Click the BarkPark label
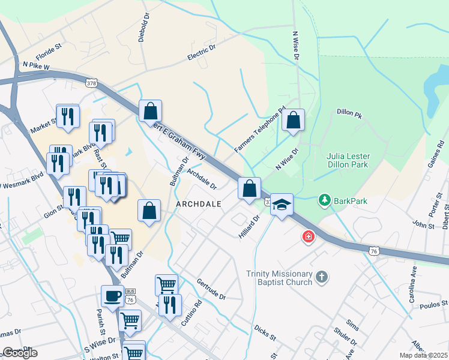click(352, 201)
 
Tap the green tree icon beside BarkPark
click(325, 200)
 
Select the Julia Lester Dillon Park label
click(348, 161)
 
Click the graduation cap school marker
click(281, 205)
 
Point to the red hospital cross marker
click(309, 238)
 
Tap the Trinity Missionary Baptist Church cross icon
click(322, 277)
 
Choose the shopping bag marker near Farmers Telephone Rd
click(293, 120)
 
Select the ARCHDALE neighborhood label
click(199, 204)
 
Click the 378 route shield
click(91, 82)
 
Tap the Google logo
click(20, 353)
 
